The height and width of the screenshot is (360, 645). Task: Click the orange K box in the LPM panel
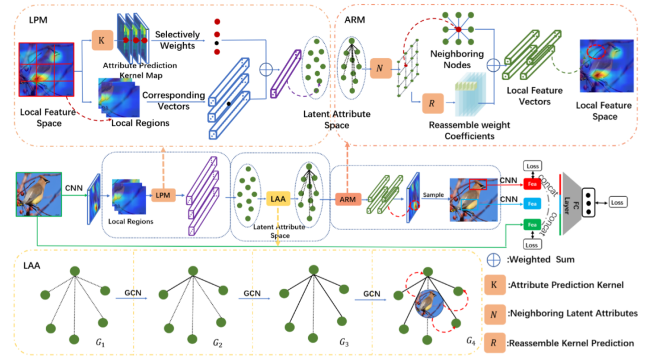pyautogui.click(x=102, y=42)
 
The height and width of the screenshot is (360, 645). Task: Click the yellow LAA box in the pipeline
pyautogui.click(x=277, y=198)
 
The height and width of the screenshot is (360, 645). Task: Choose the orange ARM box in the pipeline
pyautogui.click(x=348, y=199)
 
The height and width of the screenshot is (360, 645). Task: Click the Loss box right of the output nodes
pyautogui.click(x=618, y=203)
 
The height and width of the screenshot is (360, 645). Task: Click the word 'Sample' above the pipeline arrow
pyautogui.click(x=433, y=194)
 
